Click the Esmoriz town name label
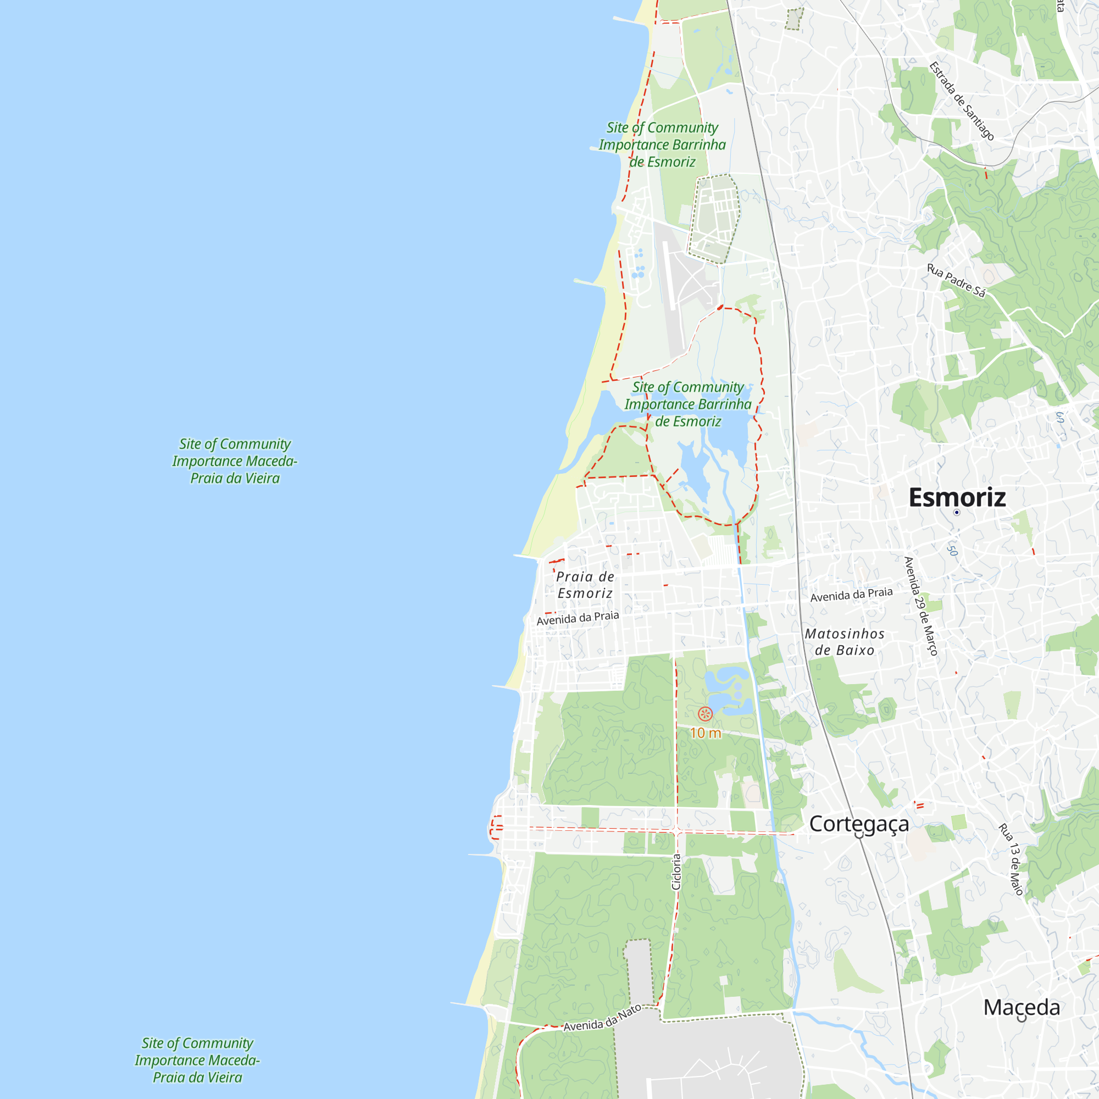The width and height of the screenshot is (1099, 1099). [957, 497]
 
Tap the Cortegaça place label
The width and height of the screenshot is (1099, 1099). [859, 823]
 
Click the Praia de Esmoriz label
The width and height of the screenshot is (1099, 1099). [585, 585]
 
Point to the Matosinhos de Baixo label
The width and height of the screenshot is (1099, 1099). [845, 642]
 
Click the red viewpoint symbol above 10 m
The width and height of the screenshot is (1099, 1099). [706, 713]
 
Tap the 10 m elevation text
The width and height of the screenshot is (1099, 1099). [706, 733]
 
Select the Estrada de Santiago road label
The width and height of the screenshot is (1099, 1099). [961, 101]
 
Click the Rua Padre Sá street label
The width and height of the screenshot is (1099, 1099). [956, 280]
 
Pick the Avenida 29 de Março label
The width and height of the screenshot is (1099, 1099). [920, 606]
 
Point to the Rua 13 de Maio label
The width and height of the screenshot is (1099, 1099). [1012, 859]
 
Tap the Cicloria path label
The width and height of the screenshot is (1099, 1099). [676, 872]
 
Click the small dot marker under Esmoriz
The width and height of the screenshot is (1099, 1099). [957, 513]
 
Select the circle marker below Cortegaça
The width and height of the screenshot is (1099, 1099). [859, 836]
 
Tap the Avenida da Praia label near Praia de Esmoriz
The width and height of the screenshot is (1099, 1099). [578, 618]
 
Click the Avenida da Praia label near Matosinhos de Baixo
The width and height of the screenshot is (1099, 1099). [852, 595]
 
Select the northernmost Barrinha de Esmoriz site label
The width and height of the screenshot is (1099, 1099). [662, 145]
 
